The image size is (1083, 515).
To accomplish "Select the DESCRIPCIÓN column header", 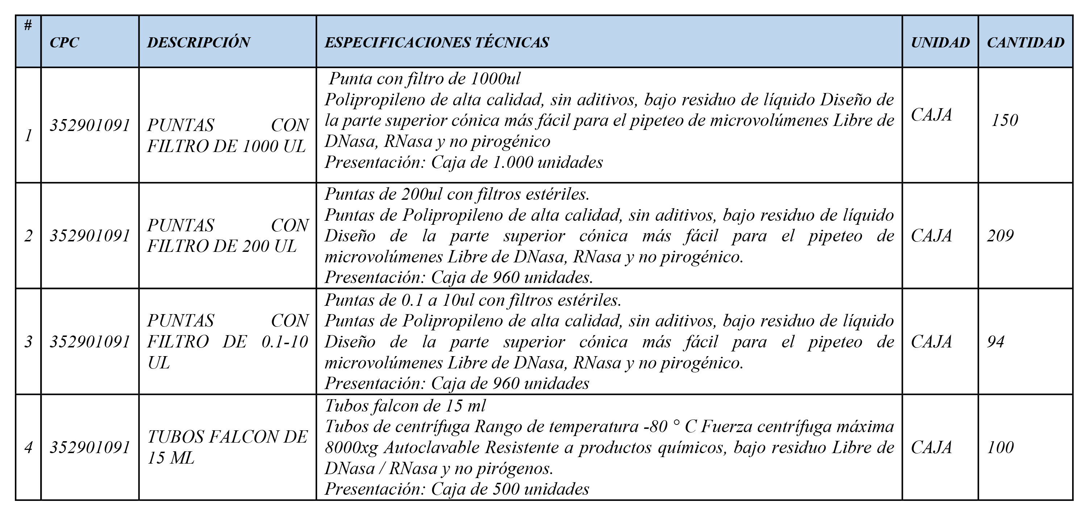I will [199, 42].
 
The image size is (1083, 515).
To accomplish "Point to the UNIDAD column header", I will [940, 42].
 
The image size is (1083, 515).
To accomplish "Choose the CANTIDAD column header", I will [1025, 42].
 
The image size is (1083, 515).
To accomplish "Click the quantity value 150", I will [1004, 121].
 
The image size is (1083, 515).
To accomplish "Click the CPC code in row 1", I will [90, 125].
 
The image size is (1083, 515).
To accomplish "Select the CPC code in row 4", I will [90, 447].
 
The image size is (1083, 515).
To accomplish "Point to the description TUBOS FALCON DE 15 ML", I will [227, 447].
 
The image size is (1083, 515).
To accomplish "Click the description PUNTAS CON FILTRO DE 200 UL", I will [227, 236].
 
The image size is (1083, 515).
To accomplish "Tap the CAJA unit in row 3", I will [931, 342].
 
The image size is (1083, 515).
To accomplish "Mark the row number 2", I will [28, 236].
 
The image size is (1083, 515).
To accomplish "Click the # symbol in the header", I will [28, 26].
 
